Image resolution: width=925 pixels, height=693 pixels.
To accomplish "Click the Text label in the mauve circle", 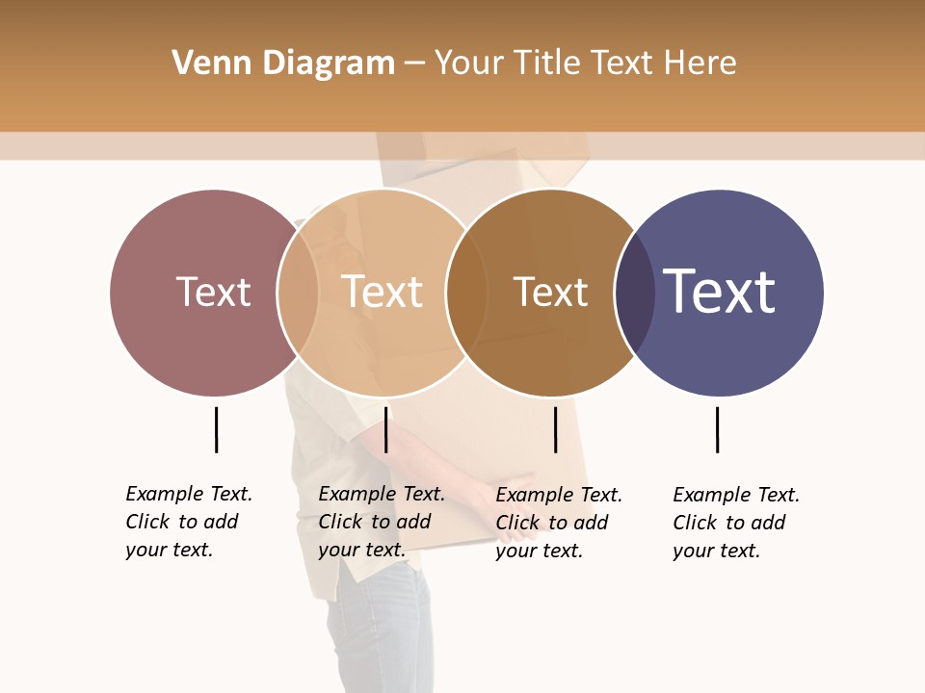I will tap(213, 292).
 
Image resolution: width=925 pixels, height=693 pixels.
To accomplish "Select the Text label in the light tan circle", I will tap(383, 292).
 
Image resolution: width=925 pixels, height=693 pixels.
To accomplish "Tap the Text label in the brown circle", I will tap(550, 293).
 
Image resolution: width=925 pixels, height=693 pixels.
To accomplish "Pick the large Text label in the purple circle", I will tap(719, 292).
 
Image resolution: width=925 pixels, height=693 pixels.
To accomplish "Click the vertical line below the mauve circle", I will tap(216, 429).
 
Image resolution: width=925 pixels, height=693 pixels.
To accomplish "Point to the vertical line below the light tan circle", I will tap(385, 429).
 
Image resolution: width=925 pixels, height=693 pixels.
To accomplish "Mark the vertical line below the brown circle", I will tap(555, 429).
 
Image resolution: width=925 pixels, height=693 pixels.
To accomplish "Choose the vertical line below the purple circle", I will tap(717, 429).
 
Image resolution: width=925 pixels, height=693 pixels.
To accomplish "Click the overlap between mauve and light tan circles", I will tap(298, 293).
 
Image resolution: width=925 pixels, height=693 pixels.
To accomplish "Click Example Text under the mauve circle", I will tap(189, 494).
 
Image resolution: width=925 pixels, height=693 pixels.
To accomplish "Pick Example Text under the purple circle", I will tap(736, 495).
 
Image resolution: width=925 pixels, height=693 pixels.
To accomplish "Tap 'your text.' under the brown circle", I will tap(539, 551).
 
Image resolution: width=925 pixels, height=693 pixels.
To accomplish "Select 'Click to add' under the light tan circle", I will tap(374, 522).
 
